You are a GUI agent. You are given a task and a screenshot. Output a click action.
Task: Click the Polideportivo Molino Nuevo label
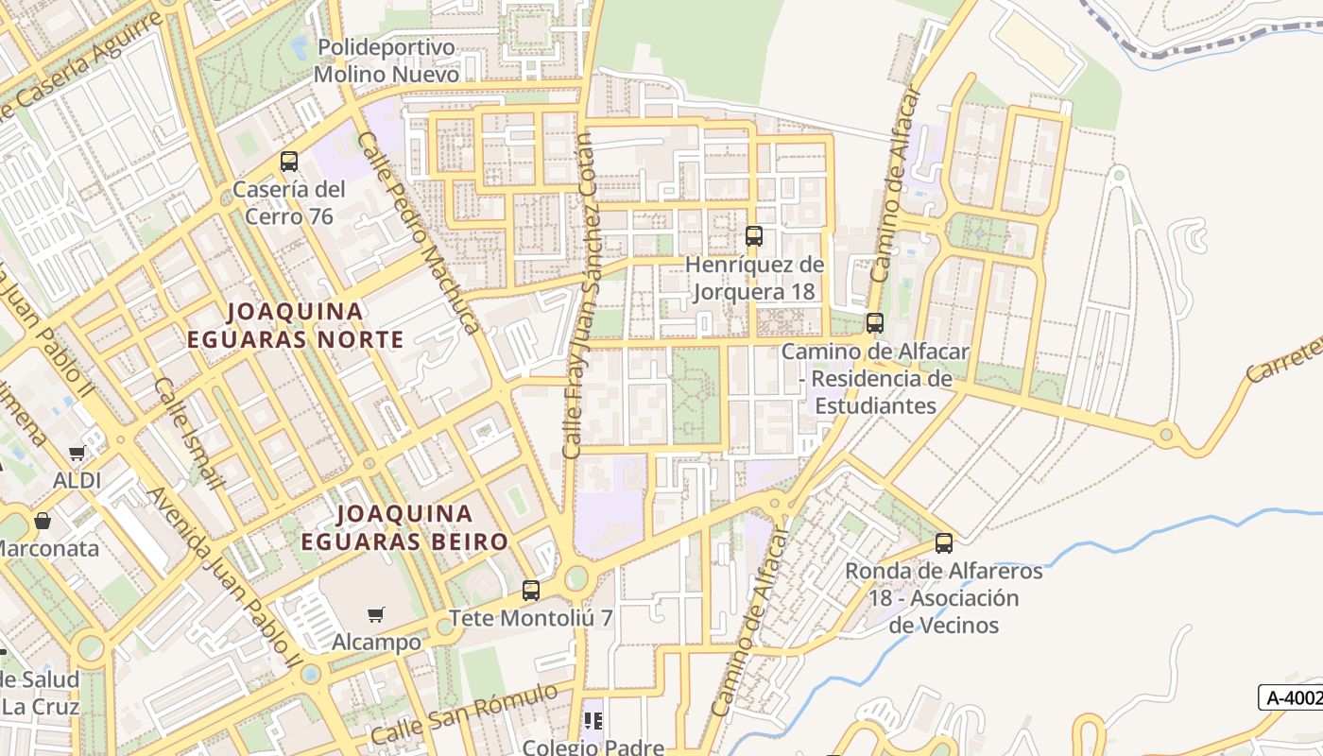click(x=387, y=60)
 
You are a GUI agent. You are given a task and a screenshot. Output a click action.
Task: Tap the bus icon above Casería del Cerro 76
click(x=289, y=162)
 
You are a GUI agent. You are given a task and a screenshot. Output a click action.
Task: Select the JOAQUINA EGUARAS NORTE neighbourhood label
click(x=295, y=325)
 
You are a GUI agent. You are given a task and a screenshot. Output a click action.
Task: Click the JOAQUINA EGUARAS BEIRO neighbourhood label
click(x=404, y=527)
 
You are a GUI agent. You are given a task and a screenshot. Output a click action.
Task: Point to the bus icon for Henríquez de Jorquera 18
click(x=753, y=236)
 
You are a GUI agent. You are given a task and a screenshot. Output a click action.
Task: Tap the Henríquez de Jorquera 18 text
click(x=754, y=278)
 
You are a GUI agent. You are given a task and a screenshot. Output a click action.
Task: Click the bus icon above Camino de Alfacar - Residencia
click(x=875, y=323)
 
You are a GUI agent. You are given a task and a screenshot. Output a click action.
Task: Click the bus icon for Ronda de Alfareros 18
click(x=944, y=543)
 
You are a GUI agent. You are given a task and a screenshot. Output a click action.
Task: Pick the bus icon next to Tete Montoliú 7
click(x=531, y=591)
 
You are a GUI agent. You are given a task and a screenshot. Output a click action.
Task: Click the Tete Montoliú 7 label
click(x=531, y=618)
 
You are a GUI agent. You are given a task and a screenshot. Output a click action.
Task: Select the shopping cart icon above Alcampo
click(x=376, y=615)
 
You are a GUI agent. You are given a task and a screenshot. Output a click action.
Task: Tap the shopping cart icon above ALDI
click(x=77, y=454)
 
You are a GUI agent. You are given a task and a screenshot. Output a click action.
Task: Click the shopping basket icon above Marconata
click(x=43, y=521)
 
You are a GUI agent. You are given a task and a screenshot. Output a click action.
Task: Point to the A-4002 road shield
click(x=1292, y=697)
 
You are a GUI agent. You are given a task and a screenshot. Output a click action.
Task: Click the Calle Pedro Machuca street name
click(x=418, y=232)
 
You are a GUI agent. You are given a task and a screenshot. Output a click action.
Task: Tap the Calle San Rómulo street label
click(x=464, y=714)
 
